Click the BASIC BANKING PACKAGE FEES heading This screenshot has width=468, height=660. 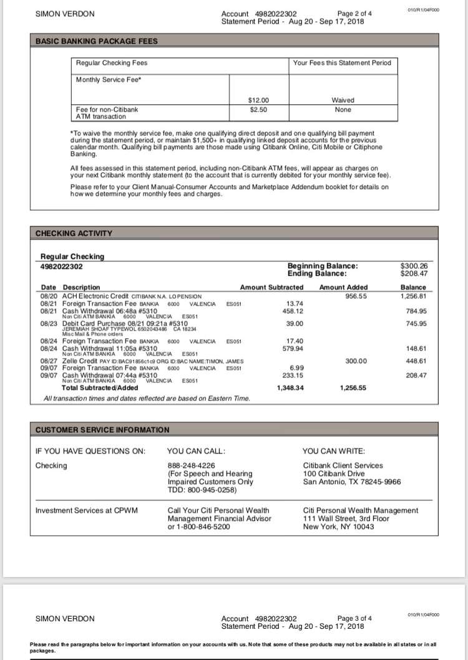coord(97,42)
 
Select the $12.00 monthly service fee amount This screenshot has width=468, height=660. coord(259,100)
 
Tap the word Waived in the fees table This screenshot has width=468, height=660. coord(343,100)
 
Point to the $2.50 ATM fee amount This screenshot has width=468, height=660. coord(259,109)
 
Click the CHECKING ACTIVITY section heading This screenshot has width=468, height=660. coord(74,233)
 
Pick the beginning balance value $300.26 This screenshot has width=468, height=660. coord(413,266)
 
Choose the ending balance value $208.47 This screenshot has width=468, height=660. coord(413,273)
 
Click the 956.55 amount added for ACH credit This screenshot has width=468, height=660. coord(356,296)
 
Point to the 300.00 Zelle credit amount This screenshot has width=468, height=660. coord(356,361)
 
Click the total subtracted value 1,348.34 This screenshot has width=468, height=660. coord(290,387)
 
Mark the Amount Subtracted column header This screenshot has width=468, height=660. coord(271,288)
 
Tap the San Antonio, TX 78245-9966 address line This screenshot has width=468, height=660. coord(351,482)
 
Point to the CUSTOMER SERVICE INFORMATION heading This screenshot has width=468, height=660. coord(102,430)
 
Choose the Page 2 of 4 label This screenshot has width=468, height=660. coord(354,13)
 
